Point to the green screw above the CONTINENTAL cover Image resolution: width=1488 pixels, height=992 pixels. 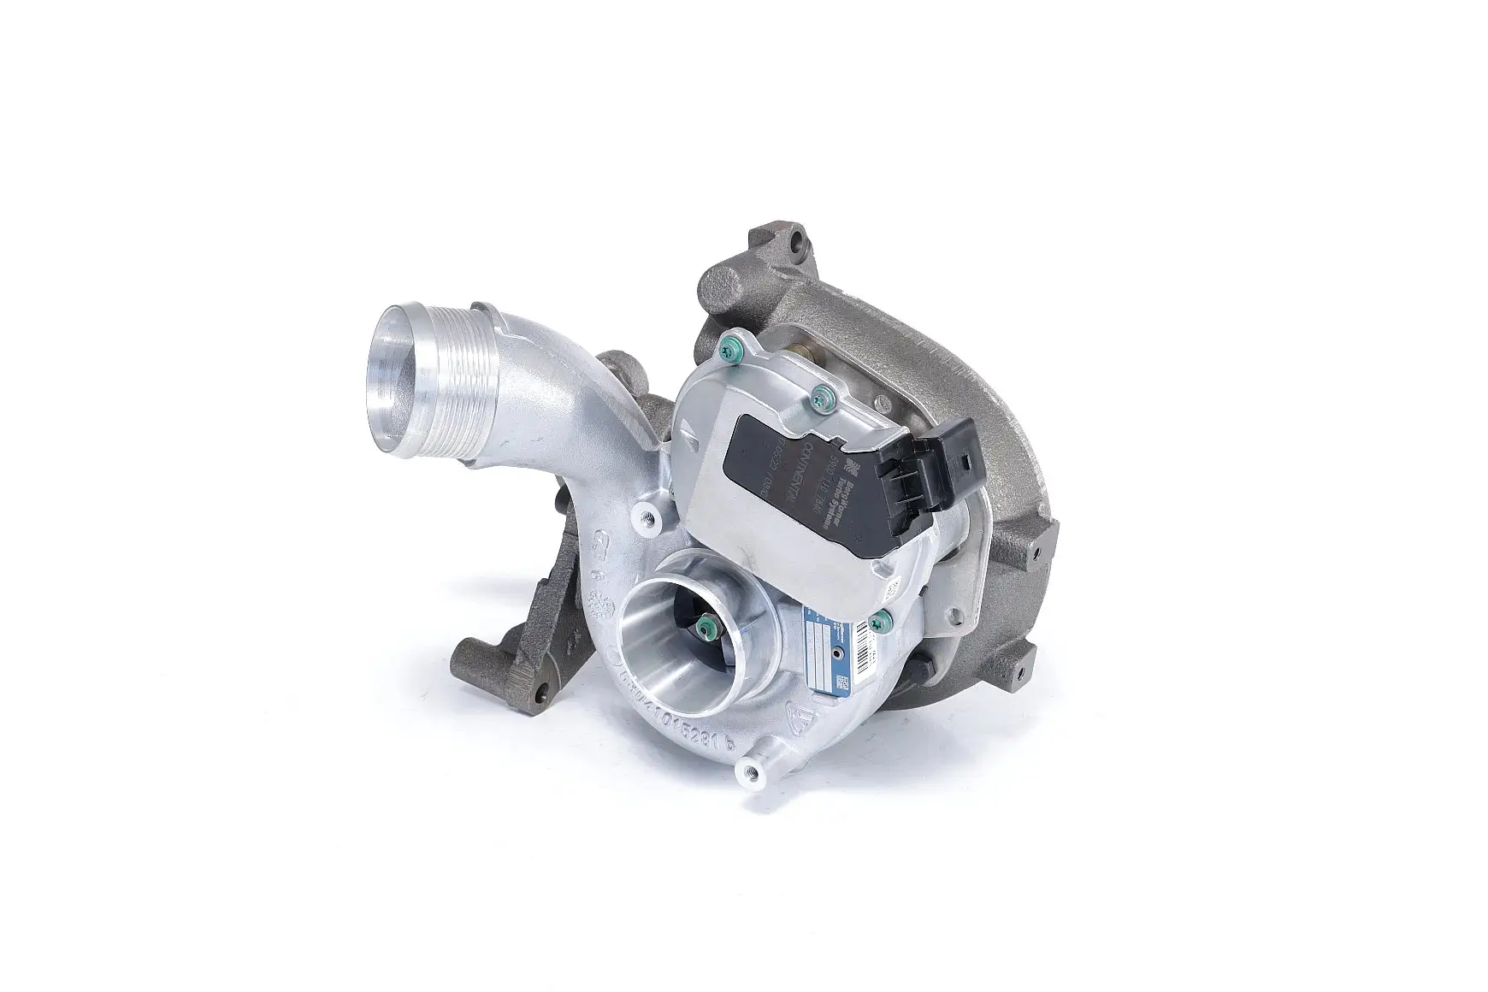pos(824,394)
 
